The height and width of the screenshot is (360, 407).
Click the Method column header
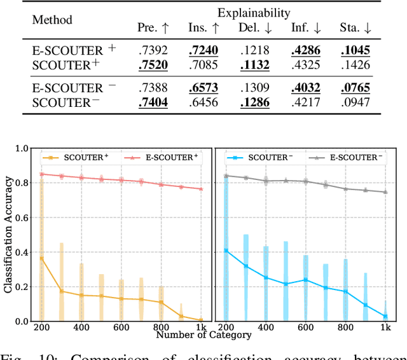52,20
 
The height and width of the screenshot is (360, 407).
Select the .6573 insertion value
203,88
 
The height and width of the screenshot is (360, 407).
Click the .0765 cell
354,88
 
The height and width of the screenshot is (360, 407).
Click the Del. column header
254,28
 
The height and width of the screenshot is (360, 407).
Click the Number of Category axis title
203,335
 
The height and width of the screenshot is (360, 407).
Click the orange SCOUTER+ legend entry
69,156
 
